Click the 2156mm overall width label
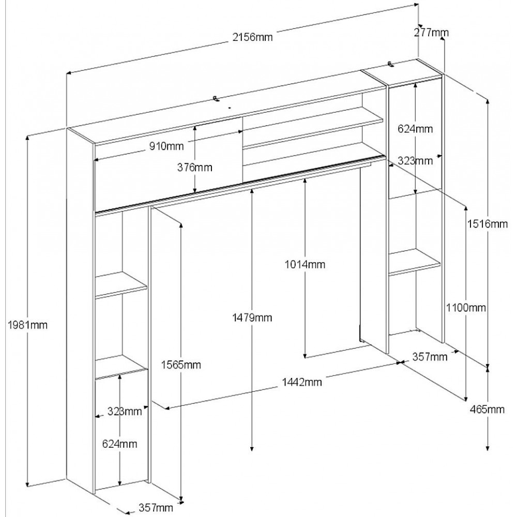252,37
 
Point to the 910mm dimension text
166,146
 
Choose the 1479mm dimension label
252,317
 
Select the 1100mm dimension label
466,308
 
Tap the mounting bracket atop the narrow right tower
391,65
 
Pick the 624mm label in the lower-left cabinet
119,443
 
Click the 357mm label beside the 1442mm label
430,357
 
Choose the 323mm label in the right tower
415,161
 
